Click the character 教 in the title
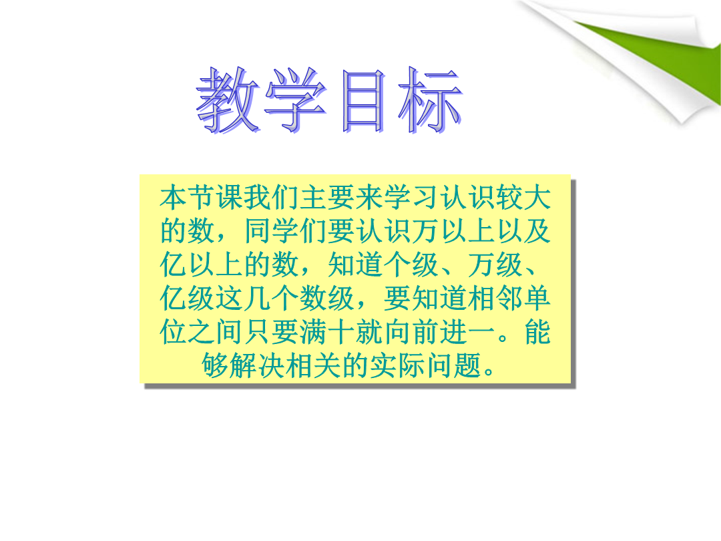click(228, 100)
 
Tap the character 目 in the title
click(363, 101)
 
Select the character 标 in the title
click(430, 100)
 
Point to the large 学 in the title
click(296, 100)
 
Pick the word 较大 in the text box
click(523, 197)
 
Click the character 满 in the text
click(313, 332)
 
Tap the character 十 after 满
click(341, 332)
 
